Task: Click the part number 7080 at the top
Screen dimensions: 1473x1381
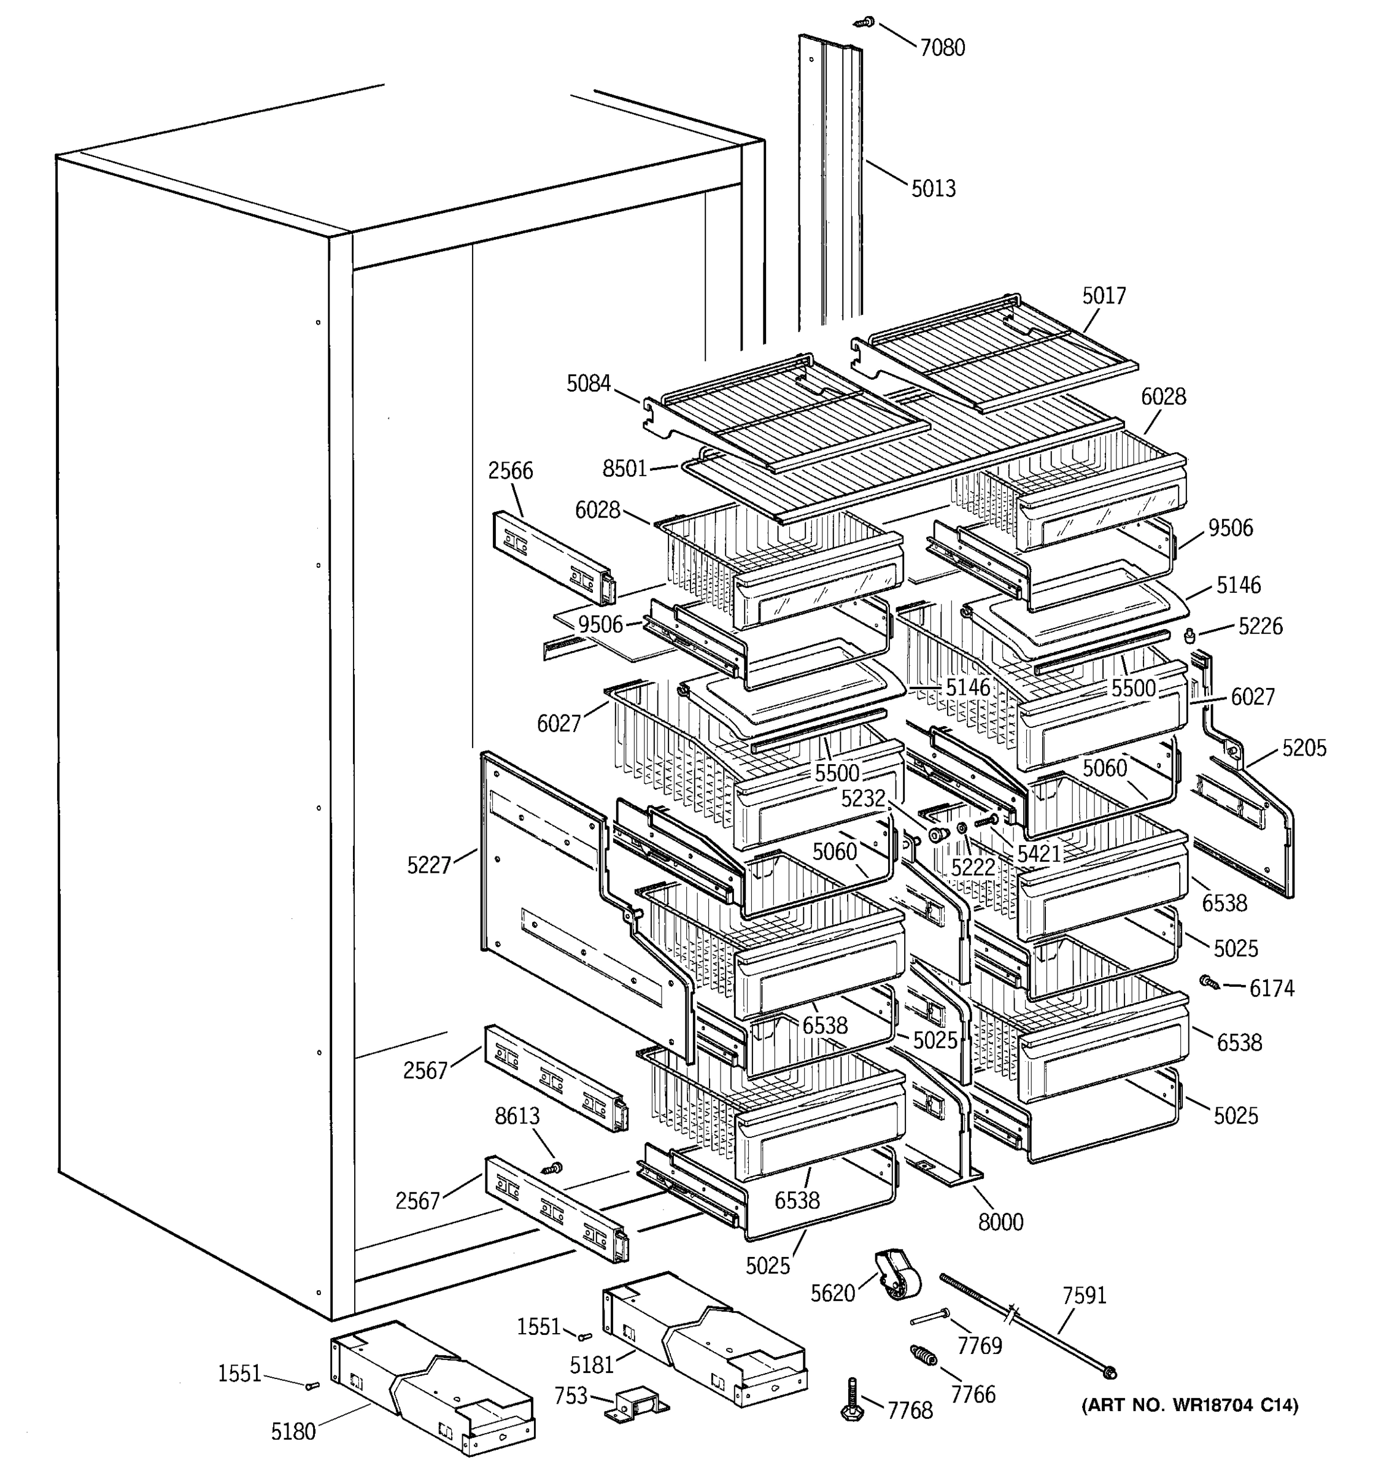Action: click(x=942, y=48)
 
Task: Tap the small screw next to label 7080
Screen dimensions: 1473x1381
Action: click(x=866, y=22)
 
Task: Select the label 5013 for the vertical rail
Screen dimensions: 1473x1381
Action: click(x=934, y=189)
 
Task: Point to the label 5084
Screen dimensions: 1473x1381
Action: click(x=588, y=384)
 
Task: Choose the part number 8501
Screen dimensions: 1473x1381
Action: click(x=625, y=469)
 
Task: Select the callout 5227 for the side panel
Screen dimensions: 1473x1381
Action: click(x=429, y=865)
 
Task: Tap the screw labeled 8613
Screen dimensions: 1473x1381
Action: click(x=551, y=1169)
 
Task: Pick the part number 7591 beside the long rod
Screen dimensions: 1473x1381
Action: click(x=1084, y=1296)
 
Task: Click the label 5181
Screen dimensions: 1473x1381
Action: click(x=592, y=1364)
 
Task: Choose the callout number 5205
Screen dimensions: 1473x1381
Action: click(x=1304, y=748)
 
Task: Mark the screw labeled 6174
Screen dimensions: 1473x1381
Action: click(x=1209, y=982)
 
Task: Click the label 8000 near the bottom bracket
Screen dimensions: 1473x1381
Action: click(x=1000, y=1222)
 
